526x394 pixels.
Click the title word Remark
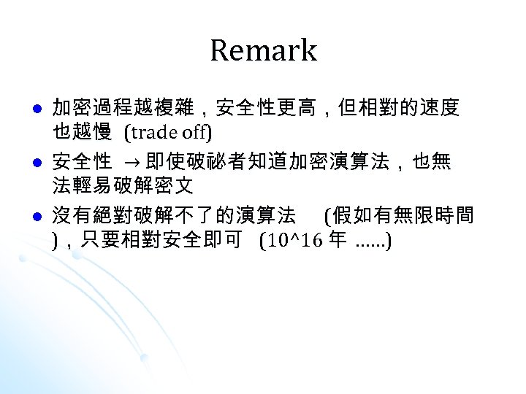263,51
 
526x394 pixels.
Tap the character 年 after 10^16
338,241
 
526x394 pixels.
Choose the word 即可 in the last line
225,241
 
